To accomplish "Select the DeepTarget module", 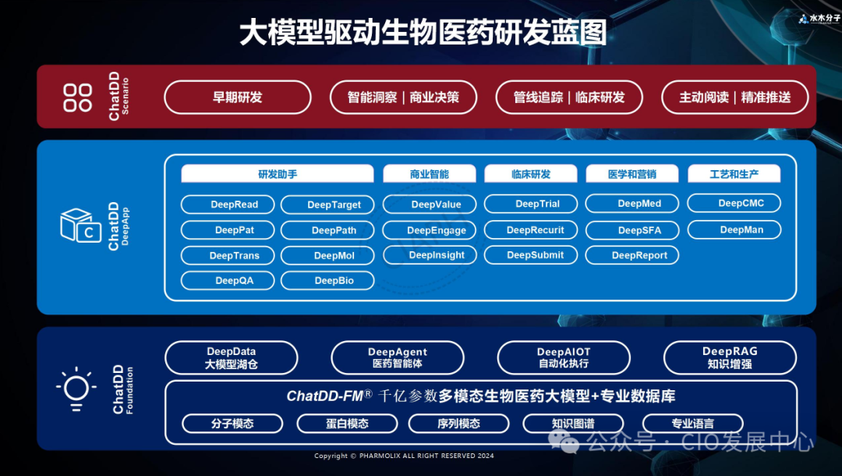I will tap(327, 204).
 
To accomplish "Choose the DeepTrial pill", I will tap(531, 204).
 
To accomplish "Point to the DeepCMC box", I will tap(734, 204).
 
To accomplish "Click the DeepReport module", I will tap(632, 255).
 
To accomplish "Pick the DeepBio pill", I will tap(327, 281).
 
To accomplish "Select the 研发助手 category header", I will tap(278, 174).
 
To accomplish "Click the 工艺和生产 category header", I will tap(734, 174).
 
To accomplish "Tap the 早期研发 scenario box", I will tap(238, 98).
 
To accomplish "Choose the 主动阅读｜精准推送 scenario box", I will tap(735, 98).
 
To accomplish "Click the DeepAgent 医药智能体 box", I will tap(398, 357).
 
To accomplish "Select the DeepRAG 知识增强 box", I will tap(730, 357).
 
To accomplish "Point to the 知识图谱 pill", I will tap(574, 424).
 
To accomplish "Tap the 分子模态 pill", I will tap(232, 424).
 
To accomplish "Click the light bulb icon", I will tap(76, 388).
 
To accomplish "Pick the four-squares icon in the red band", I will tap(77, 98).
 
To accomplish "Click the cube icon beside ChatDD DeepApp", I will tap(80, 226).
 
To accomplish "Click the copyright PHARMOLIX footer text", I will tap(404, 456).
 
